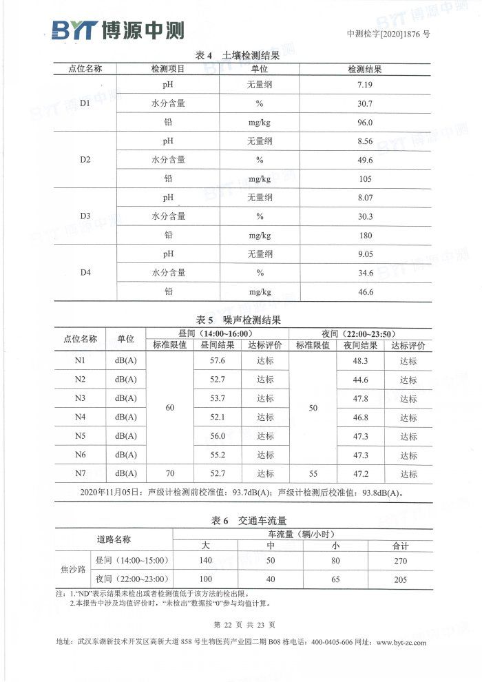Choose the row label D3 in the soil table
(x=85, y=216)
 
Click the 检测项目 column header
(x=168, y=69)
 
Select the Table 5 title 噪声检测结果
(x=238, y=320)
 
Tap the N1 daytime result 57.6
(x=218, y=361)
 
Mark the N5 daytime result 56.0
(x=218, y=436)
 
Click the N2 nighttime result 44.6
(x=360, y=380)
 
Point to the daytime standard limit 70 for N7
(x=170, y=473)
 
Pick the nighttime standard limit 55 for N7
(x=313, y=473)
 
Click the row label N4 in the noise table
(x=80, y=417)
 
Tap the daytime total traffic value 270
(x=400, y=561)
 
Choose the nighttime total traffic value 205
(x=400, y=579)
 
